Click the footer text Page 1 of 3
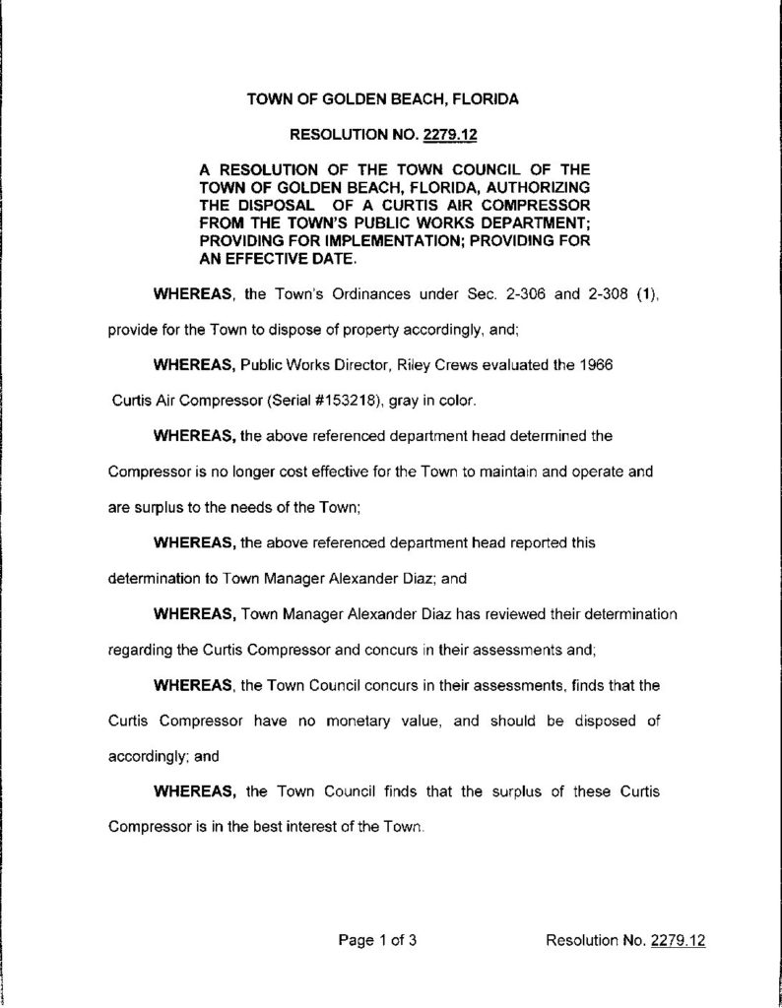point(378,940)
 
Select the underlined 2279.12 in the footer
point(679,940)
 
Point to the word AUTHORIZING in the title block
point(530,185)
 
